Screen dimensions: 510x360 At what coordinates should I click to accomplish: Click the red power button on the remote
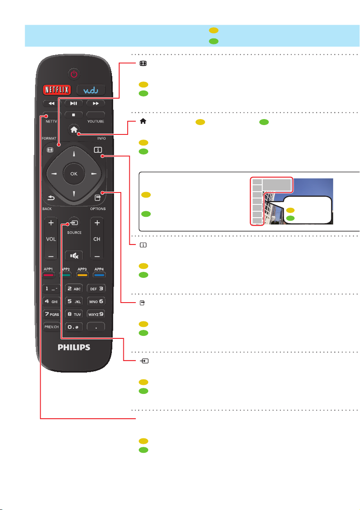pos(74,74)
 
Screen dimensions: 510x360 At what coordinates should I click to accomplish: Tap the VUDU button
pos(91,90)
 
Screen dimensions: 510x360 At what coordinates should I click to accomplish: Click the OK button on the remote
pos(74,174)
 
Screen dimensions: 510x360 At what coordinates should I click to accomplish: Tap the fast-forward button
pos(95,103)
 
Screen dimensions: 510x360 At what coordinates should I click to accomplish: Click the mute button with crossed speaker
pos(74,255)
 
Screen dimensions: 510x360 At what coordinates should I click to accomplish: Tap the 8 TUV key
pos(74,314)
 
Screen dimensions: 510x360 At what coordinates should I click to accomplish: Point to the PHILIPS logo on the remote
pos(74,347)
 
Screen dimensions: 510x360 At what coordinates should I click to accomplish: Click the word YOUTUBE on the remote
pos(96,121)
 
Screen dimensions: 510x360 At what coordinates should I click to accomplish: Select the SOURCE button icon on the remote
pos(74,223)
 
